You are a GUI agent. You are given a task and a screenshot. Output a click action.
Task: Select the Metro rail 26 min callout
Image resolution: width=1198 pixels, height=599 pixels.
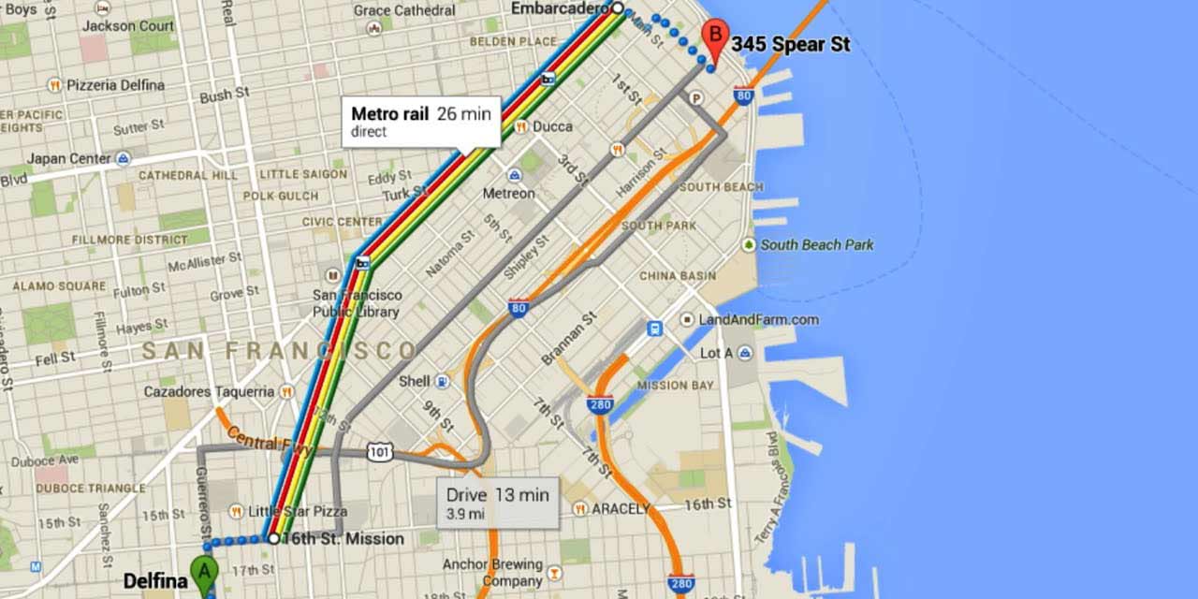pyautogui.click(x=420, y=122)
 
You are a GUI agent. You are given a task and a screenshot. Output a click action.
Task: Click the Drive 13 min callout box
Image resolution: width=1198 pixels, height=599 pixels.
pyautogui.click(x=497, y=504)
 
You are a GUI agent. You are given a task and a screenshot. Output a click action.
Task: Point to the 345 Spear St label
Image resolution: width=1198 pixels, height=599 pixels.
pyautogui.click(x=790, y=44)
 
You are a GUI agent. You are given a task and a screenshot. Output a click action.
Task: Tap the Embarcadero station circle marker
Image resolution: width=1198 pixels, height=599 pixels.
pyautogui.click(x=617, y=8)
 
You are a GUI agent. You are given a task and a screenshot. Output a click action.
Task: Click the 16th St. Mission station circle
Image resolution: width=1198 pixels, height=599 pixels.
pyautogui.click(x=273, y=538)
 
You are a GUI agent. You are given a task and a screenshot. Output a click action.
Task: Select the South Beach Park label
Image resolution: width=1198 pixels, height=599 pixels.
pyautogui.click(x=816, y=244)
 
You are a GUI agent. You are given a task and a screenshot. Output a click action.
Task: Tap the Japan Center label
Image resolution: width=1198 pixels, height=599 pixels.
pyautogui.click(x=69, y=159)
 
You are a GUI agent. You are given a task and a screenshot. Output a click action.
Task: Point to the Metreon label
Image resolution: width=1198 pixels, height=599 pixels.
pyautogui.click(x=508, y=193)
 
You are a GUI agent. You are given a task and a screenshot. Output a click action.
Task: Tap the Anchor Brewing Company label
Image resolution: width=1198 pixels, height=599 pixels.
pyautogui.click(x=492, y=572)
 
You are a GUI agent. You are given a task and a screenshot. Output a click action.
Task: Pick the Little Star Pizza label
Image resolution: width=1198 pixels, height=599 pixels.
pyautogui.click(x=297, y=511)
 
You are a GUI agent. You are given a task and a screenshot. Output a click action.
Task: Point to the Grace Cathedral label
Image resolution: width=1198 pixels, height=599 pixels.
pyautogui.click(x=403, y=10)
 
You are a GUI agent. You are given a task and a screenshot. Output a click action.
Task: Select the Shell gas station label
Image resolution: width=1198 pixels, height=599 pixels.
pyautogui.click(x=415, y=381)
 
